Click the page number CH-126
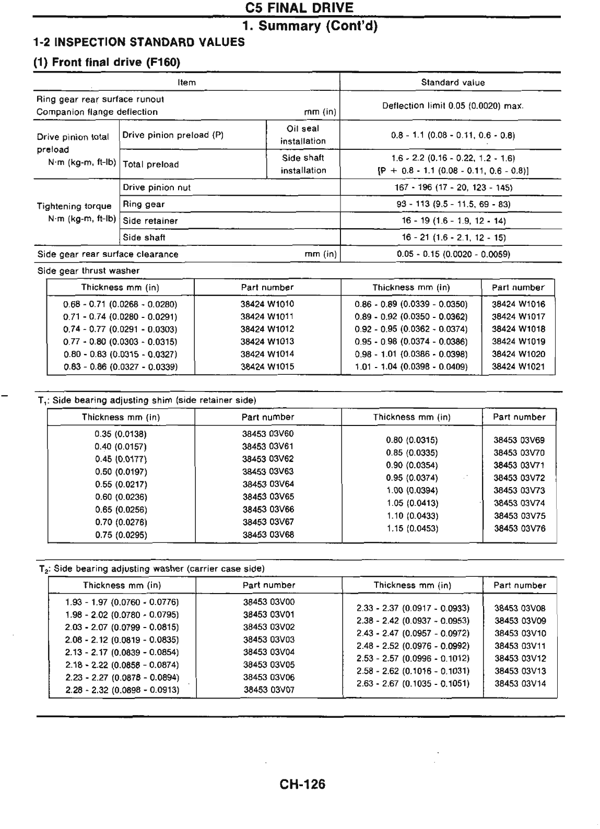(302, 784)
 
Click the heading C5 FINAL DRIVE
(299, 8)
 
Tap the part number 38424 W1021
(518, 366)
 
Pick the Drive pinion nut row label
(156, 187)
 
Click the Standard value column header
(453, 82)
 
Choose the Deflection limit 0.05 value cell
(453, 106)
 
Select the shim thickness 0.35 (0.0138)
(121, 434)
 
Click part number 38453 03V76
(519, 528)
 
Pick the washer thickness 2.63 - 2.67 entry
(413, 683)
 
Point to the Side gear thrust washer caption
(88, 271)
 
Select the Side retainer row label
(150, 221)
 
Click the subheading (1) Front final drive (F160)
(107, 63)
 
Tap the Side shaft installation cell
(303, 164)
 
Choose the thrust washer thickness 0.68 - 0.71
(120, 304)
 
